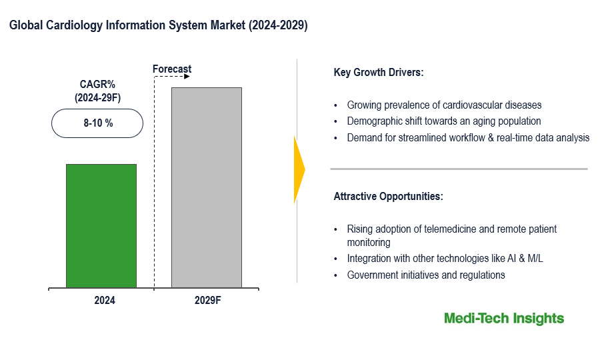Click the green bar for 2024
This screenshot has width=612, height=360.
(101, 226)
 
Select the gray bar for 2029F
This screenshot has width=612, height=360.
(207, 187)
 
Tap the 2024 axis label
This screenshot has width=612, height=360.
(105, 301)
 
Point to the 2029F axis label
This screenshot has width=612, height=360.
(207, 301)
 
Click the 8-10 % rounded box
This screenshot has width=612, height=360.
(97, 123)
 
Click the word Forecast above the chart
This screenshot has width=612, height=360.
(172, 69)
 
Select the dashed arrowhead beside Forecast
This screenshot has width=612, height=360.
(187, 77)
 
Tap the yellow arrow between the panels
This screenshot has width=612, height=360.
(299, 169)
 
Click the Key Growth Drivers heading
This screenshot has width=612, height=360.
(378, 72)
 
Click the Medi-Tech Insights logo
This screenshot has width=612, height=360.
(504, 319)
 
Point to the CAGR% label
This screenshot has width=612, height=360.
(97, 85)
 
